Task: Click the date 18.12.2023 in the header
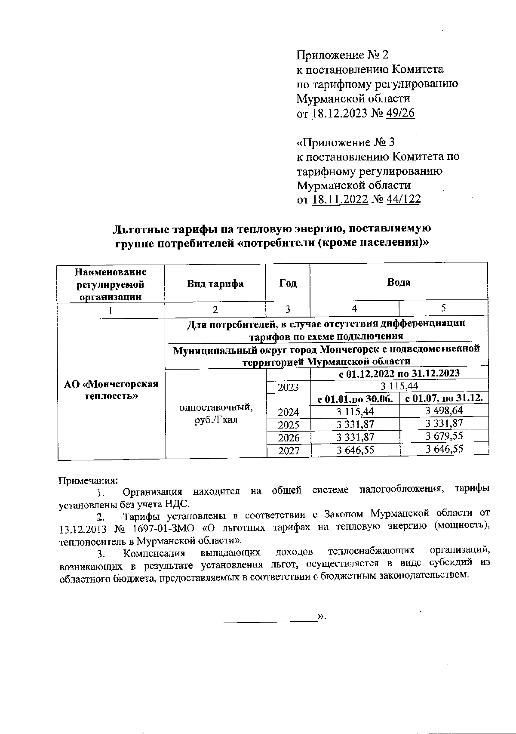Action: coord(339,114)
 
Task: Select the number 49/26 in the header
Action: coord(400,114)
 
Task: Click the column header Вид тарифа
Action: coord(215,284)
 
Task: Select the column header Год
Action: coord(288,284)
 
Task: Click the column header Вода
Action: coord(399,282)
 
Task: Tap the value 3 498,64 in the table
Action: coord(444,411)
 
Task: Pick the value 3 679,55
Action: coord(444,436)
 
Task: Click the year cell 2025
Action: coord(288,425)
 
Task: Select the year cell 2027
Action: coord(288,450)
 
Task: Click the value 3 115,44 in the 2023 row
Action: coord(399,386)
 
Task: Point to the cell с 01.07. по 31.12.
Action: coord(444,399)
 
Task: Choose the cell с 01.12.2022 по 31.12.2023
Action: coord(399,373)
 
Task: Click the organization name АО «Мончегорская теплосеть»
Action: coord(111,389)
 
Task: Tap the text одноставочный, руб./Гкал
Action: coord(215,413)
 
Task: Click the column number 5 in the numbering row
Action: coord(443,308)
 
